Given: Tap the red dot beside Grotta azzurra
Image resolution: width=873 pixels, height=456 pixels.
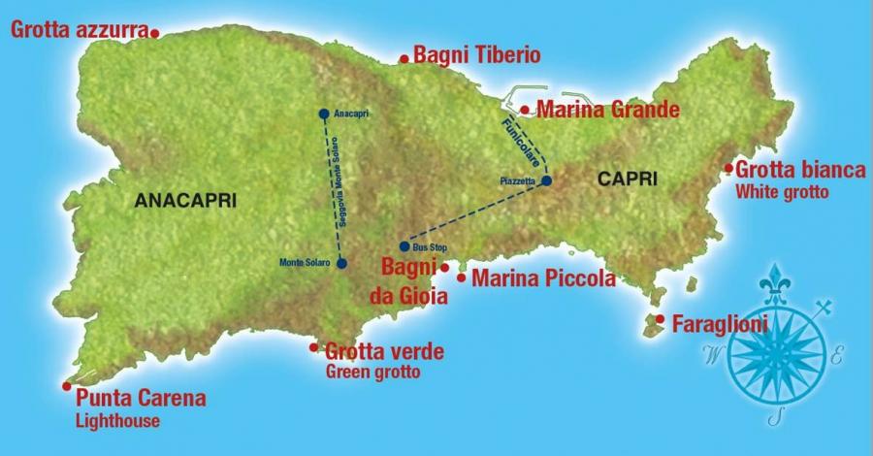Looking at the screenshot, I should (155, 33).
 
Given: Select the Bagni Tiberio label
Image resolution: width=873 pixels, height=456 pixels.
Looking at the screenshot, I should (476, 55).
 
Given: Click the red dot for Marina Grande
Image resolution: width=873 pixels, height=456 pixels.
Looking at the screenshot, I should (525, 110).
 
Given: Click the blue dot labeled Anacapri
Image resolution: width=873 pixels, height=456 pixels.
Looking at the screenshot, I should (324, 114).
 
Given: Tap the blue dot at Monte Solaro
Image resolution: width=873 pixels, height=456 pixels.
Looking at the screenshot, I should (341, 263).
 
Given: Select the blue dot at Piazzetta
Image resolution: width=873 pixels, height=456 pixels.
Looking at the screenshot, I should (546, 180).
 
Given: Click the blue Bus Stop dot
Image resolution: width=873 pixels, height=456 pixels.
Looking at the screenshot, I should (404, 246).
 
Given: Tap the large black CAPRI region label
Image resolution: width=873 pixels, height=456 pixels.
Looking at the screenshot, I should (628, 179).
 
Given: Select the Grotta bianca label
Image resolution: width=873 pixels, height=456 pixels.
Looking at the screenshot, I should (800, 170).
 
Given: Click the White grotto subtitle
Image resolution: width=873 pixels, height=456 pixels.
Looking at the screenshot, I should (782, 192).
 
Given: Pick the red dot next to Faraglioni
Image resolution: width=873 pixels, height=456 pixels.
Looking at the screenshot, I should (660, 319).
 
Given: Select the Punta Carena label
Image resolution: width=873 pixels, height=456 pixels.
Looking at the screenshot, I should (141, 399).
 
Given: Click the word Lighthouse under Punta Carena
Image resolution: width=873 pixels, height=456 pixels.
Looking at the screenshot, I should (117, 421).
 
